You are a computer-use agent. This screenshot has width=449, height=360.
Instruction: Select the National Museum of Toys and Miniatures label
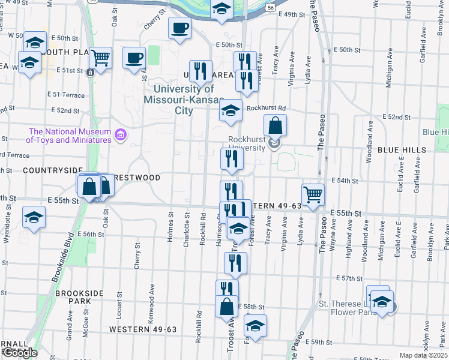coord(70,136)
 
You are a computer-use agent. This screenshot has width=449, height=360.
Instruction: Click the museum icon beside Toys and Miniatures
coord(120,136)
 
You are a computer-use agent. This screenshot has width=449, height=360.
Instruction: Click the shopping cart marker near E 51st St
coord(100,58)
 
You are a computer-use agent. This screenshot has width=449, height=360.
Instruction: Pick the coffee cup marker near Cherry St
coord(179,27)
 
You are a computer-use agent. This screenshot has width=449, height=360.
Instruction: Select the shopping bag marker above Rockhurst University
coord(274,126)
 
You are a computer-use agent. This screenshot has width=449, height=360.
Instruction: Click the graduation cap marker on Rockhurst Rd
coord(229,111)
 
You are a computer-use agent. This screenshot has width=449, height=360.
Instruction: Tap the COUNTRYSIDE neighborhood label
coord(43,170)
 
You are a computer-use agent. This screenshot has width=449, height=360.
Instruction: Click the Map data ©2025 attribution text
coord(423,355)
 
